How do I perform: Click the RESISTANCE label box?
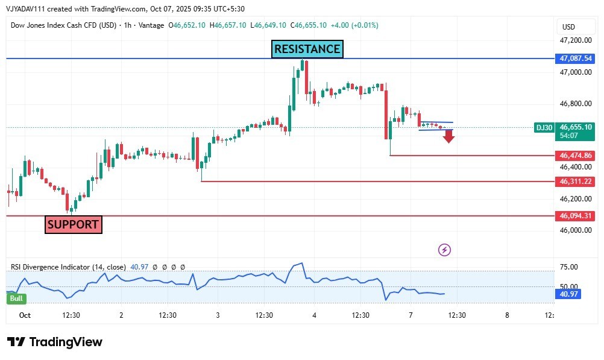pyautogui.click(x=307, y=49)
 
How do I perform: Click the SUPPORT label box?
pyautogui.click(x=73, y=225)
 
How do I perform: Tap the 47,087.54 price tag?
pyautogui.click(x=576, y=58)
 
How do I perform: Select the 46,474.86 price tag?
pyautogui.click(x=576, y=156)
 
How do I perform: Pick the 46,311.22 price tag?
pyautogui.click(x=576, y=182)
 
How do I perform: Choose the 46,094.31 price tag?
pyautogui.click(x=576, y=215)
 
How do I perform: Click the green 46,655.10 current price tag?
pyautogui.click(x=576, y=127)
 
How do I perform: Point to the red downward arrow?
pyautogui.click(x=448, y=136)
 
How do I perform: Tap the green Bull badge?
pyautogui.click(x=16, y=298)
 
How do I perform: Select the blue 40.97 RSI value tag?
pyautogui.click(x=568, y=294)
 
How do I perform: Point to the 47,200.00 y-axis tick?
pyautogui.click(x=576, y=40)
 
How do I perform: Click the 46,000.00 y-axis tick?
pyautogui.click(x=576, y=230)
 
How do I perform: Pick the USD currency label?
pyautogui.click(x=568, y=27)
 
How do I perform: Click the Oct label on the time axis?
pyautogui.click(x=25, y=315)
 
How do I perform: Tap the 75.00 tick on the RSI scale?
pyautogui.click(x=569, y=267)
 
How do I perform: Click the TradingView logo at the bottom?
pyautogui.click(x=55, y=343)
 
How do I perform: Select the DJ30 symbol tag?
pyautogui.click(x=544, y=127)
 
